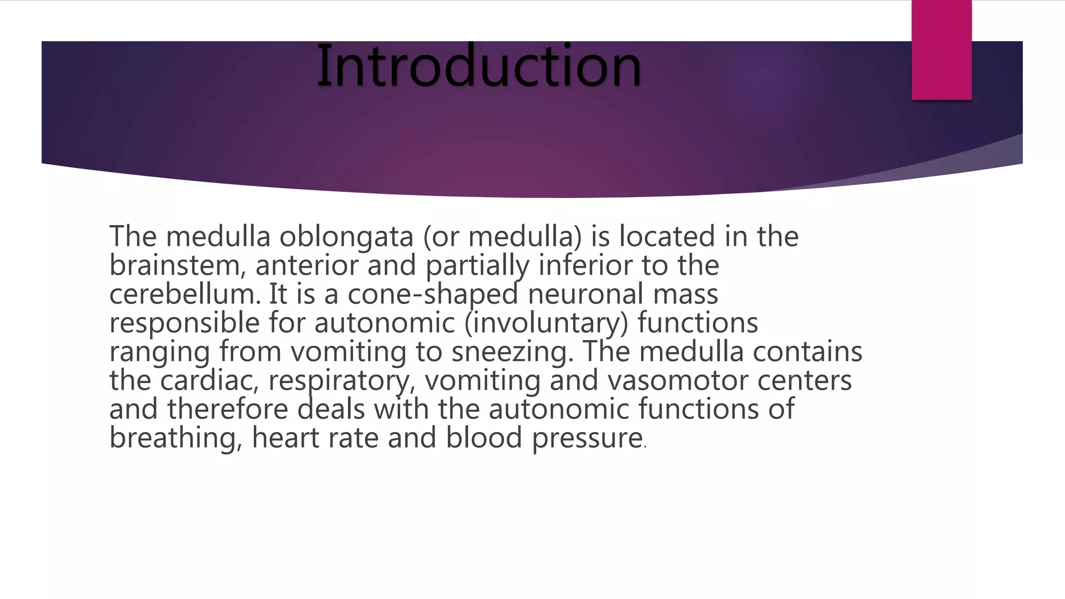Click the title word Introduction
pos(478,67)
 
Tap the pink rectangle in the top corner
pos(941,50)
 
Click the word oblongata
pos(346,237)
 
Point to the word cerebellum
pos(185,294)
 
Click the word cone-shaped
pos(433,294)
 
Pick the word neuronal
pos(586,294)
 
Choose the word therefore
pos(227,409)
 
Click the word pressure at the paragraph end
pos(587,438)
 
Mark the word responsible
pos(184,323)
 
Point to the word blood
pos(484,438)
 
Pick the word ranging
pos(159,351)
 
